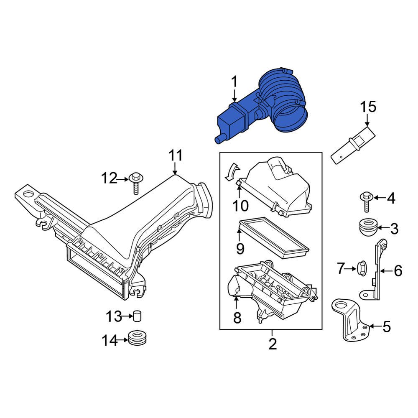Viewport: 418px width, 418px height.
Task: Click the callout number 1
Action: [234, 81]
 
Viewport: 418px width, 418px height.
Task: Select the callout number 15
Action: [369, 107]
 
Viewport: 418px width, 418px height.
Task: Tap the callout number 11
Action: [176, 155]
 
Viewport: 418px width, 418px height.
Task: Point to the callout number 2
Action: [272, 344]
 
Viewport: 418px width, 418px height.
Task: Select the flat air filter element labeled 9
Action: [274, 236]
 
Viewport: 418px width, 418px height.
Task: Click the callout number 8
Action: [237, 318]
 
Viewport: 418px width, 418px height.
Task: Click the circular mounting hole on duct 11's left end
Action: [28, 194]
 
